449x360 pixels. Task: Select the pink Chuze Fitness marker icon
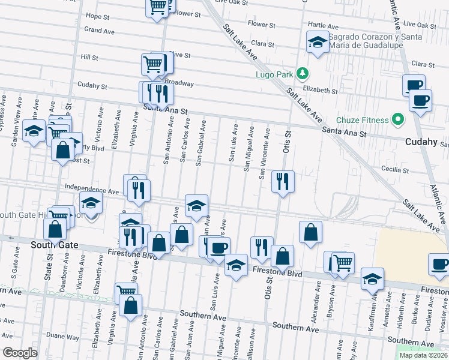[397, 119]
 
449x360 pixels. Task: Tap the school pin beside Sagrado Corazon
[317, 42]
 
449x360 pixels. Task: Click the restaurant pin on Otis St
[282, 181]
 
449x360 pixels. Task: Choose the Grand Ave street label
[99, 30]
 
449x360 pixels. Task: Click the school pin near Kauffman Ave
[372, 279]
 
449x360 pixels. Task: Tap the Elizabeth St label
[320, 90]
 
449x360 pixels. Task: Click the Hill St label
[89, 58]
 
